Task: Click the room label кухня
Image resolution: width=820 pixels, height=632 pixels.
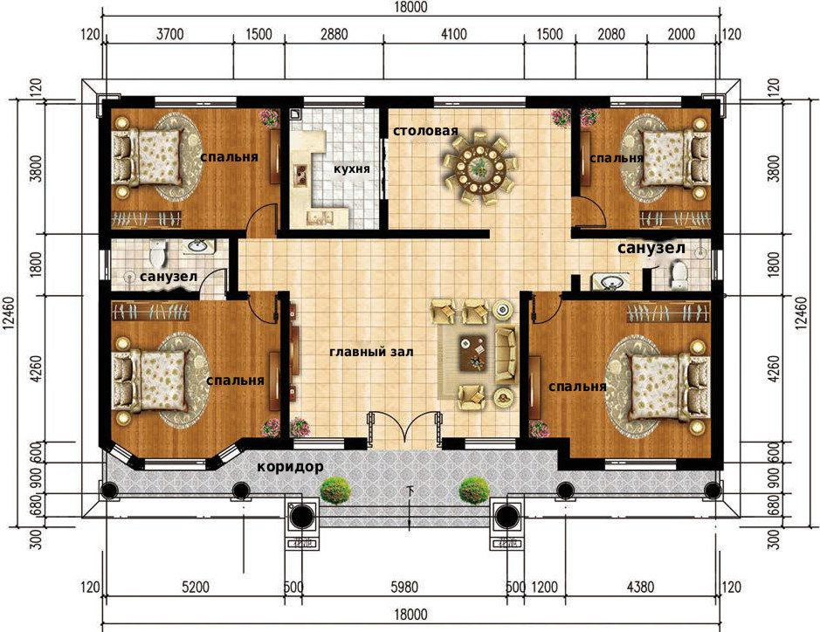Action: tap(353, 168)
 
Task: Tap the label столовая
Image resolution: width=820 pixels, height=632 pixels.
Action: tap(425, 131)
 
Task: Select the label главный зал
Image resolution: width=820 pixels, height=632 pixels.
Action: tap(371, 353)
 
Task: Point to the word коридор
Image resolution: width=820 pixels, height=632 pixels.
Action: tap(290, 466)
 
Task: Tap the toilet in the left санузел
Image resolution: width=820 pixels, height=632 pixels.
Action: tap(157, 253)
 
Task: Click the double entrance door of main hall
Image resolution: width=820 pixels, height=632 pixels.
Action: tap(403, 430)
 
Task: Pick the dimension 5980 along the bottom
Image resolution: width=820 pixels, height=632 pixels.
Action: tap(404, 587)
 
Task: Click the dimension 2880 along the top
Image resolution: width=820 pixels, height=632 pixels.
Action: tap(334, 35)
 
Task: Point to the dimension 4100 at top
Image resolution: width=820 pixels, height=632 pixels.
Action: tap(454, 35)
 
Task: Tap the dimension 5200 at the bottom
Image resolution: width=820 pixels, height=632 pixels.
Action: tap(196, 587)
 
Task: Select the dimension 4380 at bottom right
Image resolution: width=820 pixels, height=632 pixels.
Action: tap(640, 587)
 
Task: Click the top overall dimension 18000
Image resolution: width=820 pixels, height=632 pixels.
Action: tap(410, 7)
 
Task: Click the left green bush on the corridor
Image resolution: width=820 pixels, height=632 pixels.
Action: tap(334, 491)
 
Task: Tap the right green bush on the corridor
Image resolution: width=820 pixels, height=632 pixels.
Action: tap(474, 491)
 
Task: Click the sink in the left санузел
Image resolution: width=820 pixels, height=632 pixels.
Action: tap(197, 247)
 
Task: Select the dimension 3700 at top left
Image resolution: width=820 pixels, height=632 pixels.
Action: tap(170, 35)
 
